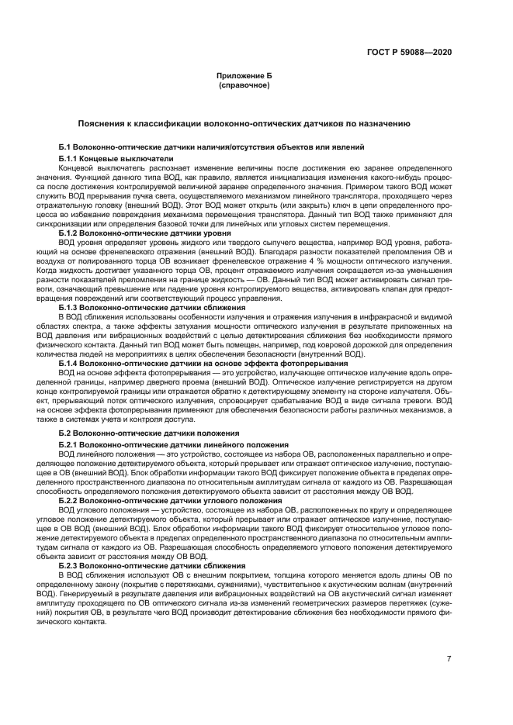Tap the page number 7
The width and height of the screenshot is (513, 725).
449,659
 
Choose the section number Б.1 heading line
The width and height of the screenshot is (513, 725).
68,147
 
